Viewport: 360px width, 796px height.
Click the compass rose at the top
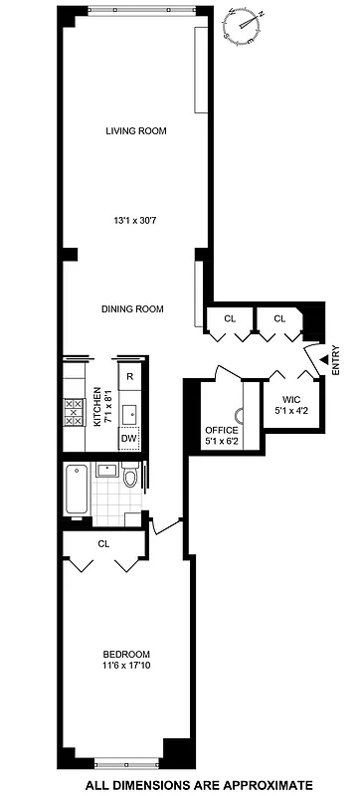pyautogui.click(x=246, y=23)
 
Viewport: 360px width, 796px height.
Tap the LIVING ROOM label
pyautogui.click(x=136, y=130)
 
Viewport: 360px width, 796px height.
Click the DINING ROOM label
pyautogui.click(x=132, y=308)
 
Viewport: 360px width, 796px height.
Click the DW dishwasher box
pyautogui.click(x=129, y=438)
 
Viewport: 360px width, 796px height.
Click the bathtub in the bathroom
pyautogui.click(x=78, y=489)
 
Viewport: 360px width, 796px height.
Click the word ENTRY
pyautogui.click(x=335, y=358)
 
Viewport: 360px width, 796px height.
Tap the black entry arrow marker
pyautogui.click(x=321, y=358)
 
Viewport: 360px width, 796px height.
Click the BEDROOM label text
pyautogui.click(x=125, y=654)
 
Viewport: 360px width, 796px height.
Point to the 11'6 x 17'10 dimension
pyautogui.click(x=125, y=667)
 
